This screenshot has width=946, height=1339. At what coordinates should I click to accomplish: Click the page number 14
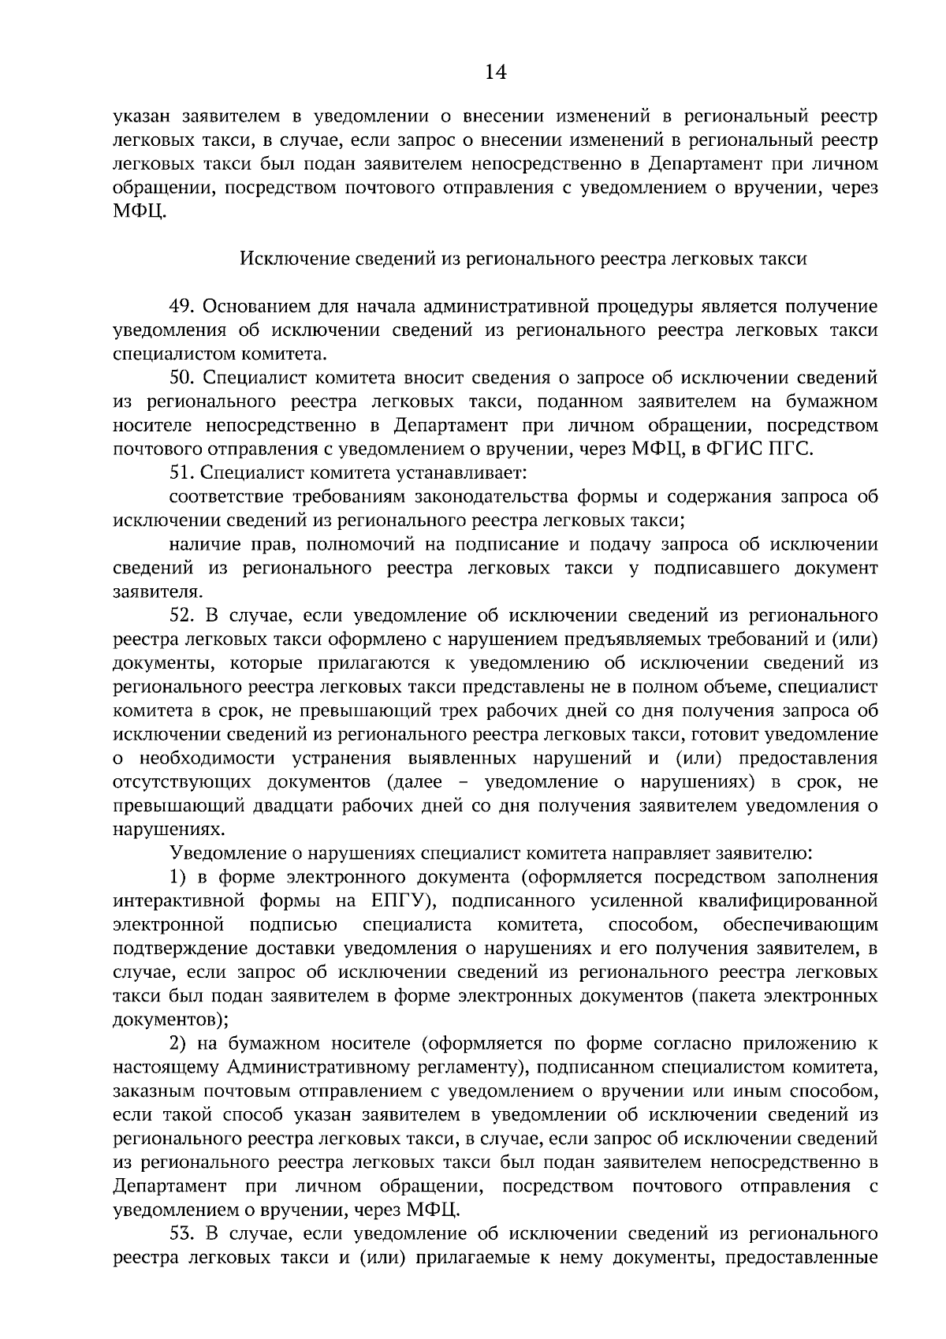point(494,73)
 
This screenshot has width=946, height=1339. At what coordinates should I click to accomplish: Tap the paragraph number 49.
point(181,306)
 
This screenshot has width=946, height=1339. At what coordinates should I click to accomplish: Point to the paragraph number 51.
point(181,472)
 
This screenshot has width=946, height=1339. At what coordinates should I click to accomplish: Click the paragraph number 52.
point(181,615)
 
